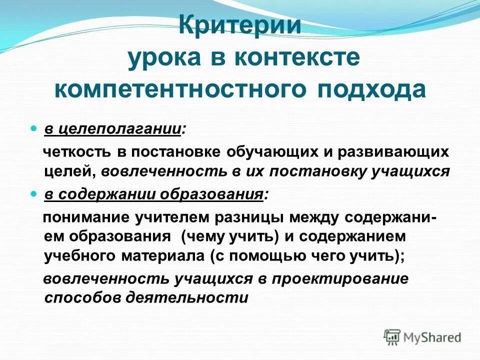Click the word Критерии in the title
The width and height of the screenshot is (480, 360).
click(240, 25)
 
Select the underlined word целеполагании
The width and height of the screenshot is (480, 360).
click(120, 129)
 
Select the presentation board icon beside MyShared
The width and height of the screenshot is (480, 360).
click(392, 336)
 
